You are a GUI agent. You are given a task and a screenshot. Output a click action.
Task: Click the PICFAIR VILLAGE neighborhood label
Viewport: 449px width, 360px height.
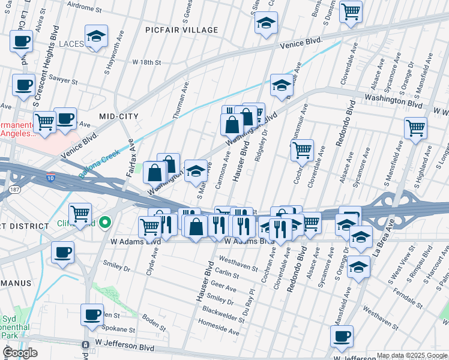pyautogui.click(x=181, y=30)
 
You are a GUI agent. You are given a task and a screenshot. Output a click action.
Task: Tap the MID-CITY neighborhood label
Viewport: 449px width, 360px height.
pyautogui.click(x=119, y=116)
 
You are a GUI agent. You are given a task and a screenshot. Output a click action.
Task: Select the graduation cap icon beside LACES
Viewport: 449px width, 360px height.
pyautogui.click(x=96, y=37)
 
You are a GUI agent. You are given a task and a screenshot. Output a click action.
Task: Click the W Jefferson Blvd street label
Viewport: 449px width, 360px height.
pyautogui.click(x=126, y=348)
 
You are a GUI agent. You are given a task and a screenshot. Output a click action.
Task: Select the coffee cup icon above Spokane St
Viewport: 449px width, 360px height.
pyautogui.click(x=92, y=315)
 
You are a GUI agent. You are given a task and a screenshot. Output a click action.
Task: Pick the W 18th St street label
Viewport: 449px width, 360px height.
pyautogui.click(x=147, y=62)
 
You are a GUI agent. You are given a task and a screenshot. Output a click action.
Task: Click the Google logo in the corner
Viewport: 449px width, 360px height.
pyautogui.click(x=20, y=352)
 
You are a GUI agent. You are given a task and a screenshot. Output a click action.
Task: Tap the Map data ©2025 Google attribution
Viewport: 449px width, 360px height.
pyautogui.click(x=412, y=355)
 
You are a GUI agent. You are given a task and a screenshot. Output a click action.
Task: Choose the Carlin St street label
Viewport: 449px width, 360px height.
pyautogui.click(x=228, y=274)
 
